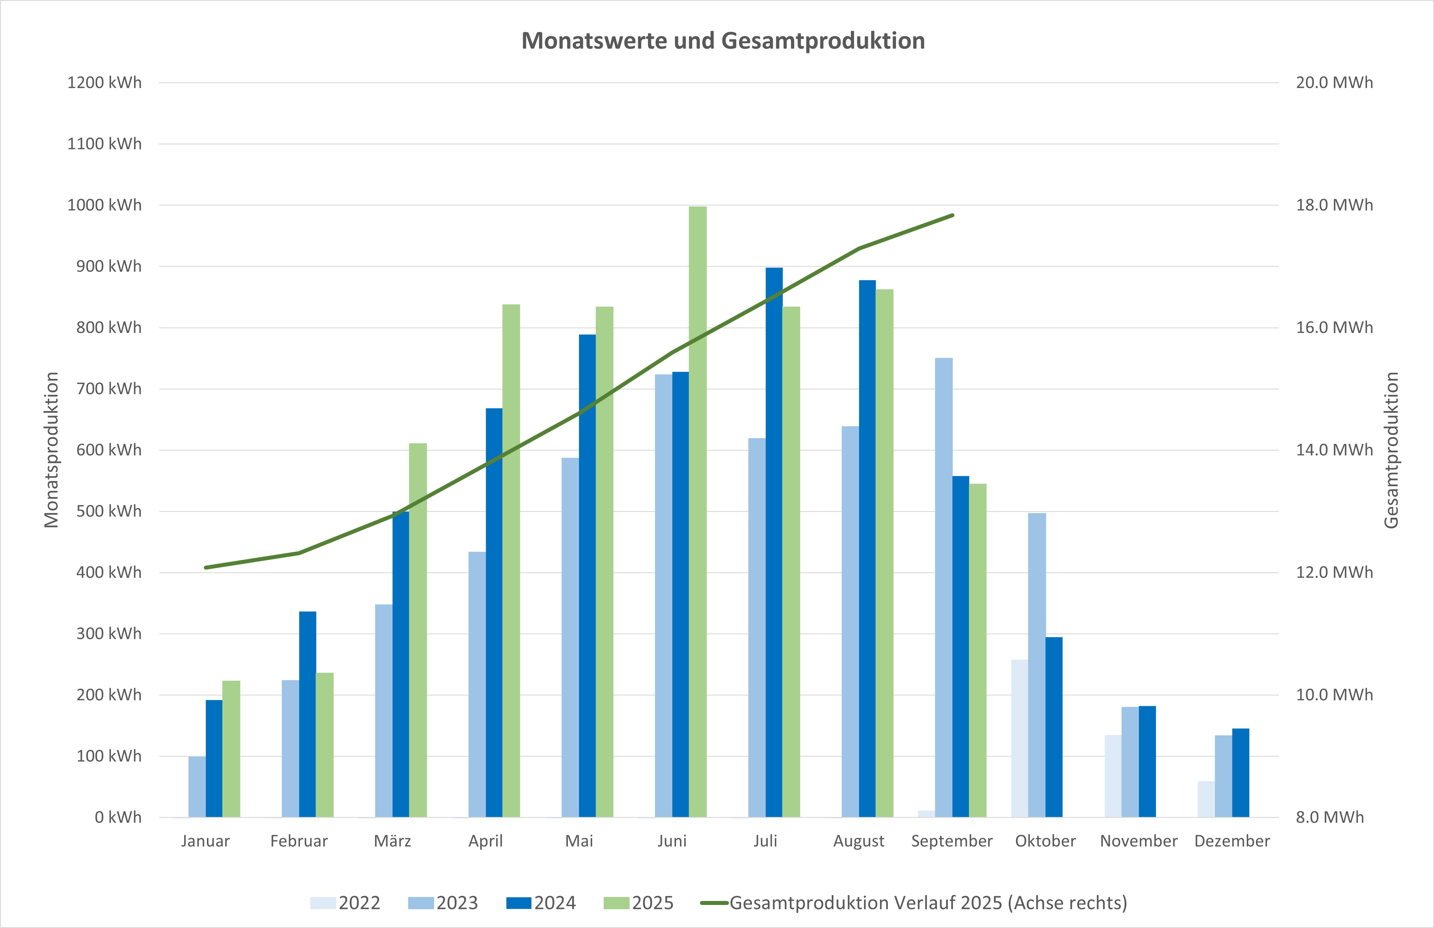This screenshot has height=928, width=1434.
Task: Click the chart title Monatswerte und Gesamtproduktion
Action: coord(723,41)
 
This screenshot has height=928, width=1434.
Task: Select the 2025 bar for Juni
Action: coord(698,512)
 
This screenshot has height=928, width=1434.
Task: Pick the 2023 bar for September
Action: coord(944,588)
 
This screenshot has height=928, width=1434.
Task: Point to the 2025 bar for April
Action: coord(511,561)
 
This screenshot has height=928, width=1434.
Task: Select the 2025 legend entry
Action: coord(639,903)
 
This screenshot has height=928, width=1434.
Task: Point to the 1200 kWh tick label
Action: coord(104,83)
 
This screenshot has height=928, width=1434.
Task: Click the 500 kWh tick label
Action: coord(108,511)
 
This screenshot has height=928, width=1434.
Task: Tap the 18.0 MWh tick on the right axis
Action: coord(1334,205)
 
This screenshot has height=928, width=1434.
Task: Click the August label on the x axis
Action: coord(858,841)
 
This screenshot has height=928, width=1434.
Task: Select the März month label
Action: coord(392,841)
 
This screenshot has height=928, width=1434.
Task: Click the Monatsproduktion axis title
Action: coord(52,450)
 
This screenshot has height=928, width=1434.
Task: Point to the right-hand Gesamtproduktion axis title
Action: coord(1391,450)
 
